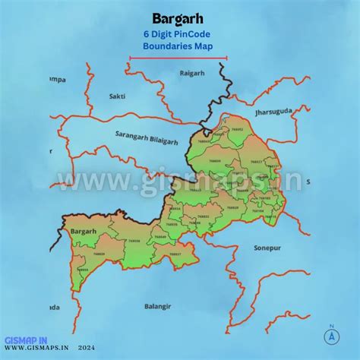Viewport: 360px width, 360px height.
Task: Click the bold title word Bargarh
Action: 177,17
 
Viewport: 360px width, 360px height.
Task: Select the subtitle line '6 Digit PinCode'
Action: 178,34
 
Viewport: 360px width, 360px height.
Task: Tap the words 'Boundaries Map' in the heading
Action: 178,46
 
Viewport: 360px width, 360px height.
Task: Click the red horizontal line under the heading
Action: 178,57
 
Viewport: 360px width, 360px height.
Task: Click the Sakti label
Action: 118,97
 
